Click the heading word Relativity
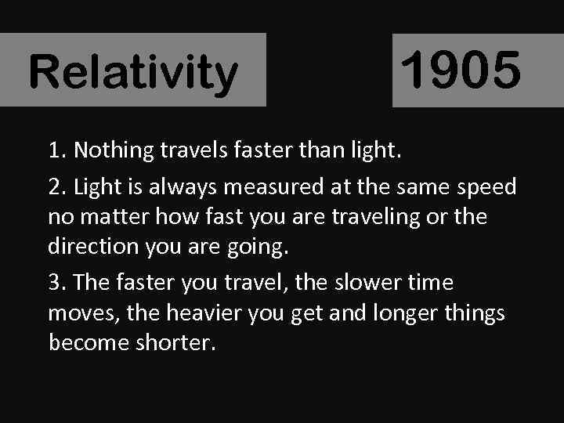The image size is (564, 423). [x=132, y=72]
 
